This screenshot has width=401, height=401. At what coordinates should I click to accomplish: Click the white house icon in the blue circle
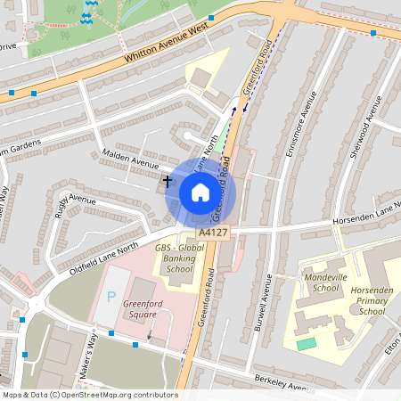click(x=200, y=192)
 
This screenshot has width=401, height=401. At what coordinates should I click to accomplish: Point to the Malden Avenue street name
click(x=130, y=159)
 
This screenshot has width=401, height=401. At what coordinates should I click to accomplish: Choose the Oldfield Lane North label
click(x=104, y=256)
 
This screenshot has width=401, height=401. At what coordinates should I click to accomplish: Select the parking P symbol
click(x=111, y=296)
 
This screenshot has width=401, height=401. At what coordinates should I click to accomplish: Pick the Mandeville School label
click(x=324, y=282)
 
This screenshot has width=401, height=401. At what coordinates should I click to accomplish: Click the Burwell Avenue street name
click(x=266, y=299)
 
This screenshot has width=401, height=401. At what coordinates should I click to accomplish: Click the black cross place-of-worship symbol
click(x=167, y=181)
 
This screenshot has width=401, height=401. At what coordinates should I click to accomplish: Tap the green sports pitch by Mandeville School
click(x=306, y=344)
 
